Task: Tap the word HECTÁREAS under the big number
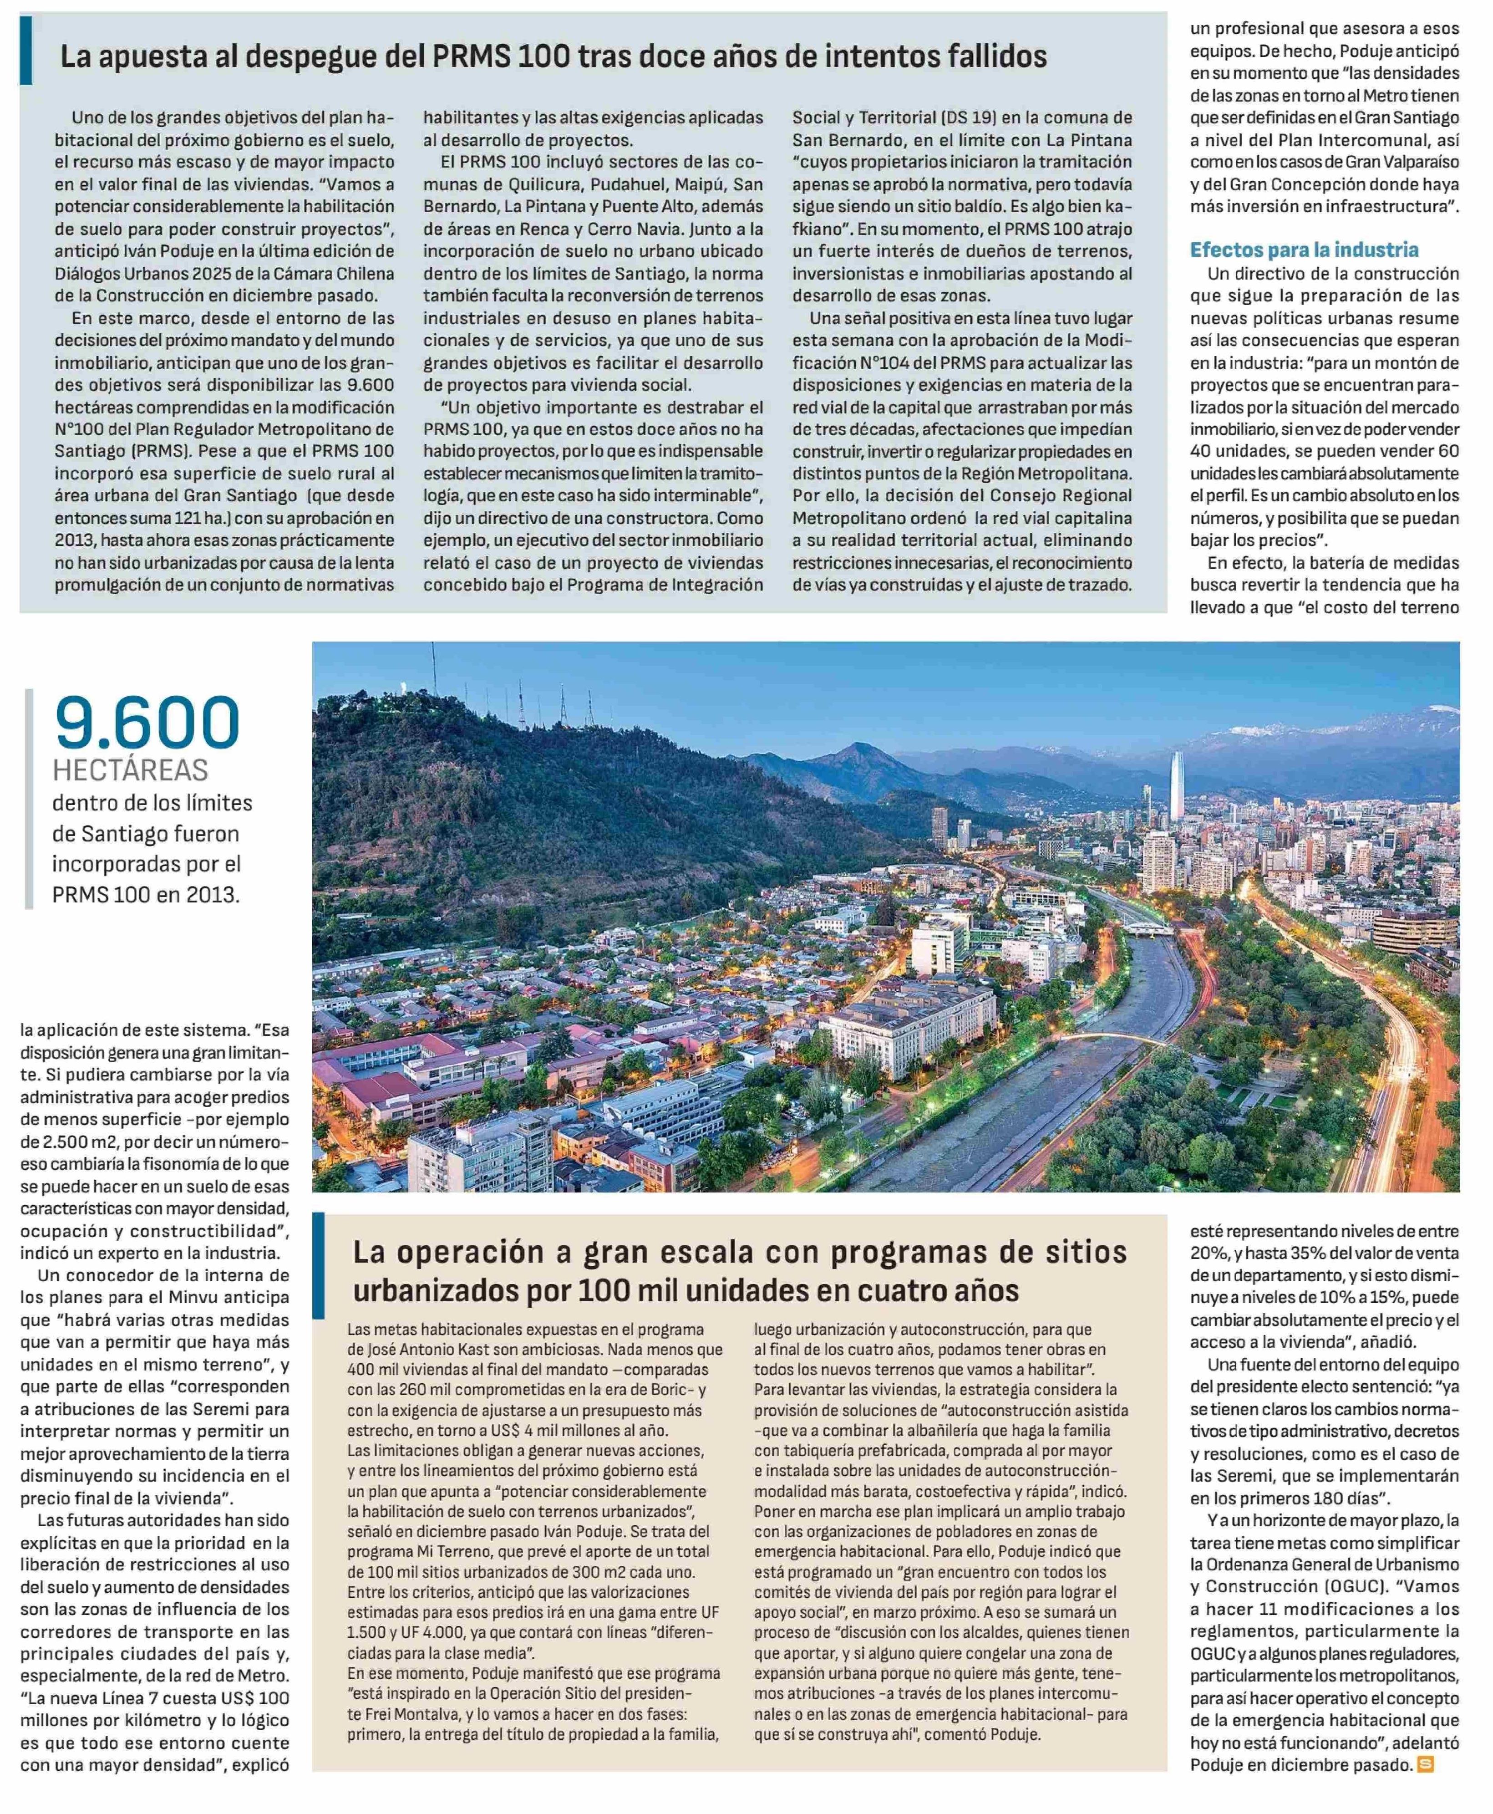coord(131,769)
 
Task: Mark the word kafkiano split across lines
coord(1116,207)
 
